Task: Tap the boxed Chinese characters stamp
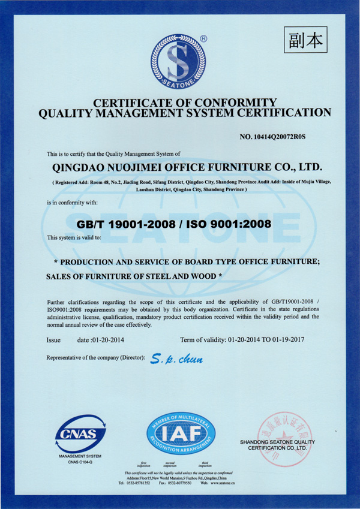click(305, 41)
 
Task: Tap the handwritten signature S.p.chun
click(177, 360)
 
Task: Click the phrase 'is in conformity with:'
click(72, 202)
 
